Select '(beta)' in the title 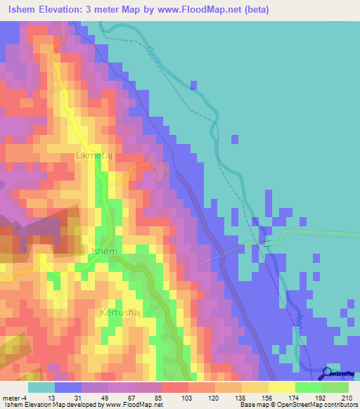260,10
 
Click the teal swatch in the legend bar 41,387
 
